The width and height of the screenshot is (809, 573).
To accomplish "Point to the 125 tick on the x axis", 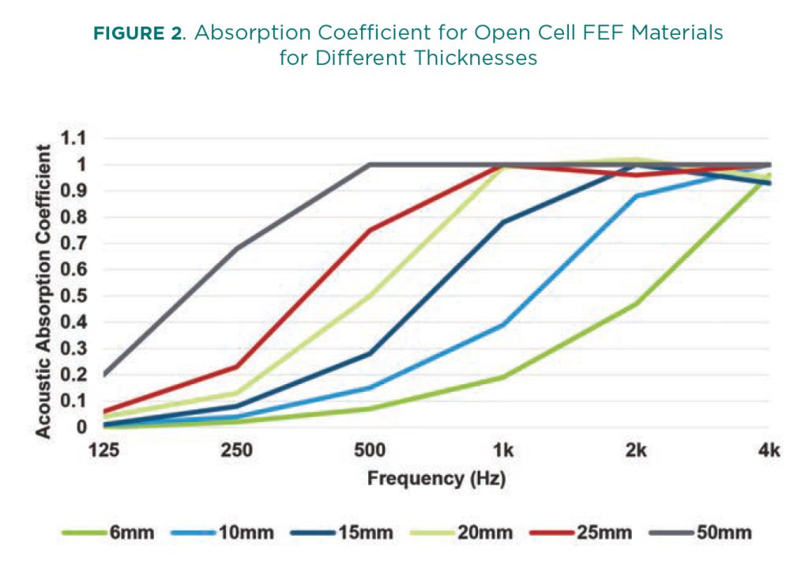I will pos(104,451).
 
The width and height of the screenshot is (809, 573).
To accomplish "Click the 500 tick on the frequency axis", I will pos(370,451).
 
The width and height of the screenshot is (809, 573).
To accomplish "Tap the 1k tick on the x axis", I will pos(503,451).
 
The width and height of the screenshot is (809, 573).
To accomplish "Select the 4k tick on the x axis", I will pos(769,451).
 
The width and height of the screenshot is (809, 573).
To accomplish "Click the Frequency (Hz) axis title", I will pos(436,478).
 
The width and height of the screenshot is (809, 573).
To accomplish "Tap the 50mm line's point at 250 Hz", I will pos(237,248).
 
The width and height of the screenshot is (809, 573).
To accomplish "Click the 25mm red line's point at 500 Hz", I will pos(370,230).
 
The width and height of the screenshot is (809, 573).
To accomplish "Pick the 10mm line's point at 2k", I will pos(636,196).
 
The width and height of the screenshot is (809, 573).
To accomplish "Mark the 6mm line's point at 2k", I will pos(636,303).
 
